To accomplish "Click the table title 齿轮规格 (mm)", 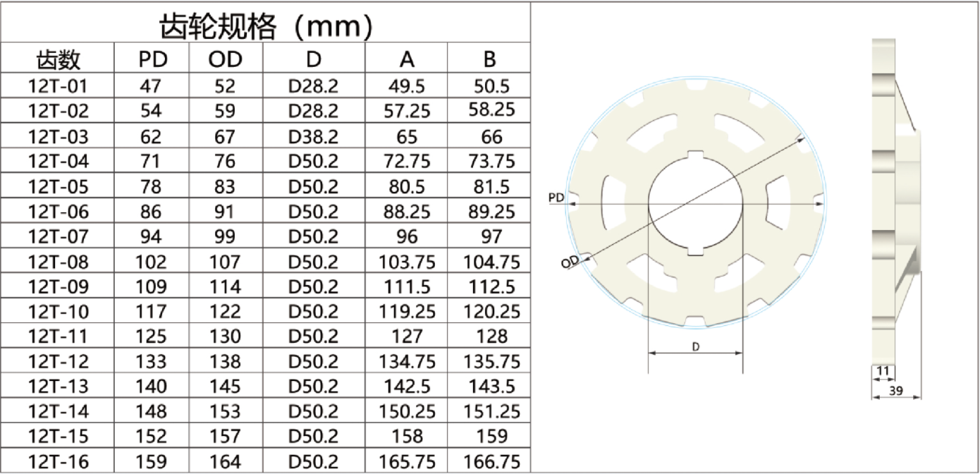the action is tap(266, 26).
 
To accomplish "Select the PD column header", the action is tap(153, 59).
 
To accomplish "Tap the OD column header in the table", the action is tap(225, 59).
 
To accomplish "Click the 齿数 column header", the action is tap(59, 59).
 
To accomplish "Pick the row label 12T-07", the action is tap(59, 237).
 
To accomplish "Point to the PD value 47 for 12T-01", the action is tap(150, 86).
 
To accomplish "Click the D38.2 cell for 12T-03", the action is tap(313, 137).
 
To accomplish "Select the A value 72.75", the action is tap(407, 162).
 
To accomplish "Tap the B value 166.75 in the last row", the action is tap(491, 462).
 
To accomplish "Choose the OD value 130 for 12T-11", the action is tap(225, 336).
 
